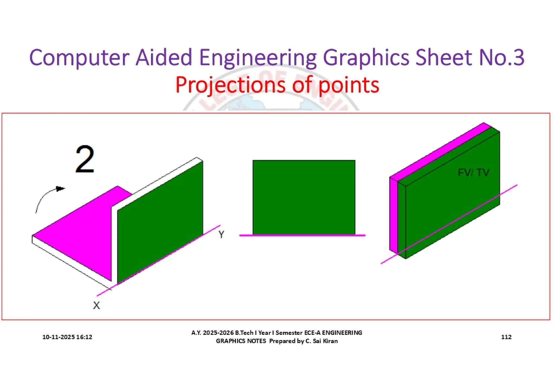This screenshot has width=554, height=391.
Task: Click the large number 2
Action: coord(85,159)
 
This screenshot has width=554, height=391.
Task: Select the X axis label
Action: coord(96,305)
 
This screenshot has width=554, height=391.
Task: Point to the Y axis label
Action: coord(221,234)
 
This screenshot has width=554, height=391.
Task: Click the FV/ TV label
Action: coord(473,172)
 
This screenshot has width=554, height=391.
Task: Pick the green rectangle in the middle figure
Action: coord(304,197)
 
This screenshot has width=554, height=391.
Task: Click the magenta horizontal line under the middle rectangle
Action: coord(302,235)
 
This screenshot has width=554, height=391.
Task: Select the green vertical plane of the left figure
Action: coord(160,222)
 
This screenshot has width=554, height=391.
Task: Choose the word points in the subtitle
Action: coord(349,85)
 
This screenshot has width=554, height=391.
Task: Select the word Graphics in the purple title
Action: coord(366,58)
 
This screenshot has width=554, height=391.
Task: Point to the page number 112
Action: coord(506,337)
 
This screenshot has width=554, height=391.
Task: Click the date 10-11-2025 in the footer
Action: coord(58,337)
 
